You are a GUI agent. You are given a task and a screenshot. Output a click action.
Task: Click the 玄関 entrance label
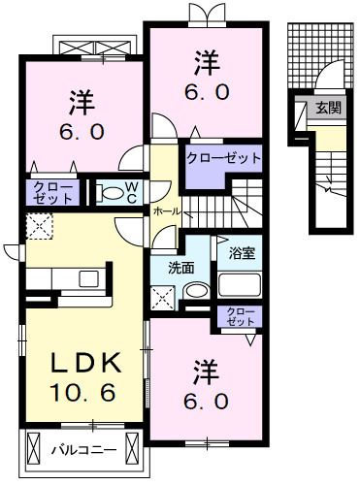[327, 109]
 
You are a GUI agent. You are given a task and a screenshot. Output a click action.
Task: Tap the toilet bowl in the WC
[110, 191]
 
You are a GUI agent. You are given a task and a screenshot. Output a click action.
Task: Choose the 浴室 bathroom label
[242, 253]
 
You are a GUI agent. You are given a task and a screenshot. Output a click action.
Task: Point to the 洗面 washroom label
[180, 268]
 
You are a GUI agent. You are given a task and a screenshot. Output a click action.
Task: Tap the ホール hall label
[163, 210]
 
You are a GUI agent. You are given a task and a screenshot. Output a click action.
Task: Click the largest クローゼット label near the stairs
[224, 157]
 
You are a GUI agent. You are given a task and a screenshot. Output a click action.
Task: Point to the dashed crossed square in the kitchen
[42, 227]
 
